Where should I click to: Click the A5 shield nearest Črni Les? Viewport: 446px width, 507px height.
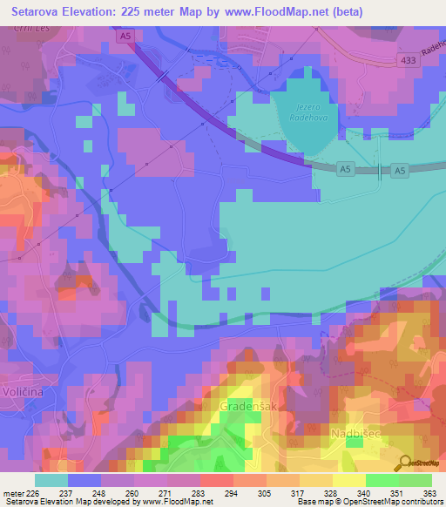tap(126, 36)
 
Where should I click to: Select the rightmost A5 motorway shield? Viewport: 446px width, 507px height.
tap(399, 172)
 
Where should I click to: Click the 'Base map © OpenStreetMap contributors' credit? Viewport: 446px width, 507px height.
tap(368, 502)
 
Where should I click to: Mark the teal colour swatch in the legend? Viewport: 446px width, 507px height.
tap(51, 479)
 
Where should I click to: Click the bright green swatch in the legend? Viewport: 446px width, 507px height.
tap(382, 479)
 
